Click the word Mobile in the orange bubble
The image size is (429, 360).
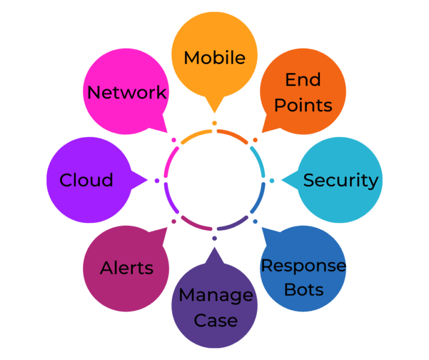[x=214, y=58]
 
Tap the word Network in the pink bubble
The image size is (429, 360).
[x=127, y=92]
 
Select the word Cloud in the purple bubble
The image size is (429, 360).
[x=86, y=180]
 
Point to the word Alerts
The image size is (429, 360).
[x=126, y=268]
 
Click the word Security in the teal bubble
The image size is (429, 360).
[x=341, y=181]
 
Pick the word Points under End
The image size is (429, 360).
[x=303, y=106]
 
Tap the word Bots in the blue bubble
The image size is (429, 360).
[x=304, y=290]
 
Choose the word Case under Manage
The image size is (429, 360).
[x=216, y=320]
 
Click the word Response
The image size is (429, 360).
[x=304, y=266]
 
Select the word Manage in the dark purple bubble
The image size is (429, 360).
[x=216, y=296]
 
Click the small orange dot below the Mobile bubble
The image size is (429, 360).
[x=214, y=123]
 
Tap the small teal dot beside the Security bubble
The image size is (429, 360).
[x=271, y=181]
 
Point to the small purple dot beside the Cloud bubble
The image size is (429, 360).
[x=157, y=181]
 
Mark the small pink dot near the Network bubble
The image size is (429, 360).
[x=174, y=140]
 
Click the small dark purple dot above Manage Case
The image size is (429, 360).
[x=214, y=238]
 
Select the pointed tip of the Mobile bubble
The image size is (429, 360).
[x=214, y=112]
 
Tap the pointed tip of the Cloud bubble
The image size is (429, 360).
[x=147, y=180]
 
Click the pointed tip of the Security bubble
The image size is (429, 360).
[x=282, y=180]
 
